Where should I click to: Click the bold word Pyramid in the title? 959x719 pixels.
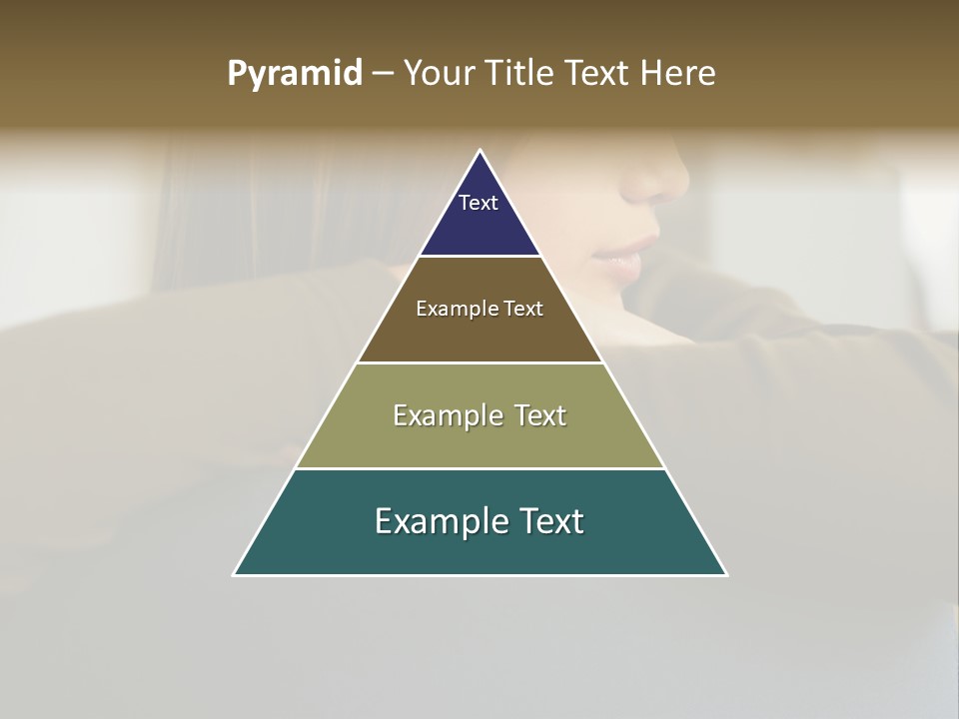pos(295,74)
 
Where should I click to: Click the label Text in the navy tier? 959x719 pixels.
pos(479,203)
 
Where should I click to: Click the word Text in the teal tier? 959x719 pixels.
pos(549,521)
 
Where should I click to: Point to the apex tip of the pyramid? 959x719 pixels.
pos(480,152)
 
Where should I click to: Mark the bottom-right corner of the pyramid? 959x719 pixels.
pos(725,574)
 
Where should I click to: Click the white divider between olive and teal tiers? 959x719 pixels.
pos(480,468)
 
